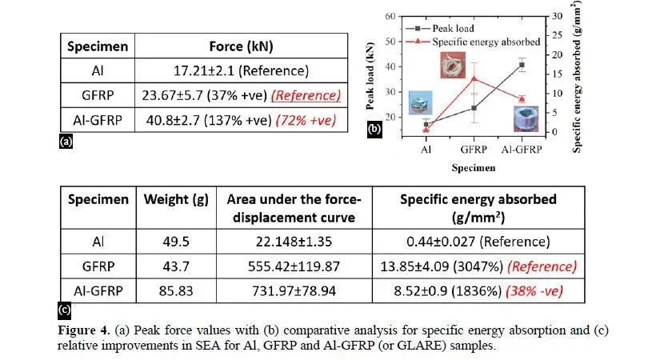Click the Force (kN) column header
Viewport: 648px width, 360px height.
(x=241, y=46)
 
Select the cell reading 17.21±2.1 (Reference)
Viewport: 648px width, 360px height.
(x=241, y=70)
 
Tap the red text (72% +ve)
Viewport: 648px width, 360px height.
(x=306, y=120)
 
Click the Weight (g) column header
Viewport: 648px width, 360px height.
(x=176, y=199)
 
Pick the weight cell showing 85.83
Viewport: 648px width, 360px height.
(x=176, y=291)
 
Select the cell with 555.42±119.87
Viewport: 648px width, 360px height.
(x=294, y=266)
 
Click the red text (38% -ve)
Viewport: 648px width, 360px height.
(x=534, y=291)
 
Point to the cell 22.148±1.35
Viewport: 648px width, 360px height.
(x=294, y=242)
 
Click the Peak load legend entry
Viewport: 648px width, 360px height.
(x=440, y=29)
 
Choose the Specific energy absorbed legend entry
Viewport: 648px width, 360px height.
(x=473, y=42)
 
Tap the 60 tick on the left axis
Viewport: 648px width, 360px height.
(x=390, y=16)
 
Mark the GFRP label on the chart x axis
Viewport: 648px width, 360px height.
(x=474, y=150)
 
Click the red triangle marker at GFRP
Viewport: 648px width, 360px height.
(x=474, y=78)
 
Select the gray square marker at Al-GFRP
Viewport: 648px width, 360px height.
(x=522, y=65)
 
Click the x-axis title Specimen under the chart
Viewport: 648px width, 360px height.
(x=473, y=168)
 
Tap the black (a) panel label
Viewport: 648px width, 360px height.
(x=66, y=142)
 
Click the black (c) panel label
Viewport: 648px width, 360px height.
(x=64, y=310)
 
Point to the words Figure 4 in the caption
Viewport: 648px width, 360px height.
(x=83, y=330)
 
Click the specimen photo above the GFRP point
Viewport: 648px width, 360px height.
(x=453, y=65)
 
